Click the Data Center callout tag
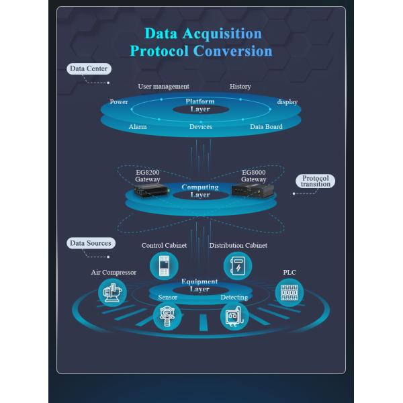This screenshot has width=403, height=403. (x=89, y=69)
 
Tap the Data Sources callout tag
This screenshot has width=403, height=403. (x=90, y=243)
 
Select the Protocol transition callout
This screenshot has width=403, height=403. (x=315, y=181)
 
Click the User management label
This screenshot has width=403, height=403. (x=163, y=86)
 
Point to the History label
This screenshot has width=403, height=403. (x=240, y=86)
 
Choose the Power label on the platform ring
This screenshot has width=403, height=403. (x=118, y=102)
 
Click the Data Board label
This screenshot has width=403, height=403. (x=266, y=126)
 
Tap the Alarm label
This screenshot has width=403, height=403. (x=138, y=126)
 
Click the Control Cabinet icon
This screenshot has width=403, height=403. (x=163, y=266)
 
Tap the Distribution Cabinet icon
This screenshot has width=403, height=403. (x=237, y=266)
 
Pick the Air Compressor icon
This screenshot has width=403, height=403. (x=112, y=292)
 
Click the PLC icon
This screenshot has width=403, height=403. (x=289, y=292)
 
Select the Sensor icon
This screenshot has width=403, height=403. (x=167, y=316)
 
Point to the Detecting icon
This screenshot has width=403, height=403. (x=234, y=316)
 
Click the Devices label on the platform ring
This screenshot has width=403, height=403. (x=200, y=126)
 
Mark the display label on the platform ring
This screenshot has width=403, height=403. (x=287, y=102)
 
